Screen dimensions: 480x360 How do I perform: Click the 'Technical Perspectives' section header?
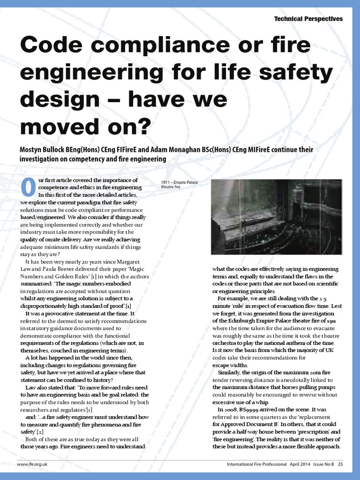pos(308,19)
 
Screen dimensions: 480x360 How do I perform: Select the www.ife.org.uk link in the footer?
pos(33,464)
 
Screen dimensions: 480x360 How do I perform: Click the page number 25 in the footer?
pos(340,464)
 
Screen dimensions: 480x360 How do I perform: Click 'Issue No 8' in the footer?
pos(318,464)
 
